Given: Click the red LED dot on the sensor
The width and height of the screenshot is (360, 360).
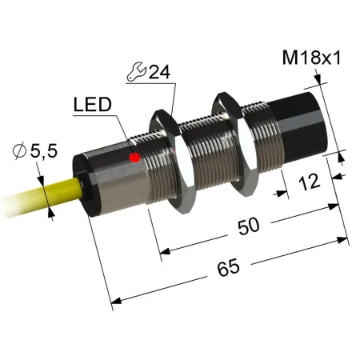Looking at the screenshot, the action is tap(135, 157).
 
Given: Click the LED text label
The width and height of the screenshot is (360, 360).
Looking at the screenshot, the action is tap(92, 105).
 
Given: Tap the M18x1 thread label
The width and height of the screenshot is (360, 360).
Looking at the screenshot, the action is tap(311, 58).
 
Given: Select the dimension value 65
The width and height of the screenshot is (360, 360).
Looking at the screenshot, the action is tap(228, 268).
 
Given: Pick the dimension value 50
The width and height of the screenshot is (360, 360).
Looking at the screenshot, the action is tap(249, 226).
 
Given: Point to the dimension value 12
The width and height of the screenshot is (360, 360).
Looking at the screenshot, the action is tap(309, 182).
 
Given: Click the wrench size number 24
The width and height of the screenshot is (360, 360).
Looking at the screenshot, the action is tap(159, 72).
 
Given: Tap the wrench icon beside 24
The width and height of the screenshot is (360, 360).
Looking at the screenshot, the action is tap(136, 71).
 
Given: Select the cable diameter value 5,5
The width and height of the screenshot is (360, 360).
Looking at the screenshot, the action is tap(44, 151).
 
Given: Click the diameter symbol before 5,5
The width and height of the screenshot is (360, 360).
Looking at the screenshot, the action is tap(19, 151).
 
